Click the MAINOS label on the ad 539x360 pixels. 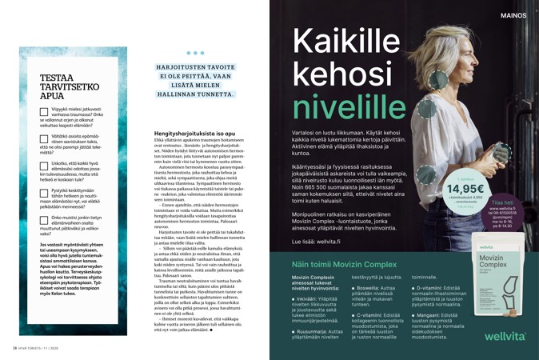point(513,15)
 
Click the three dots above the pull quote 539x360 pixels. point(195,54)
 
